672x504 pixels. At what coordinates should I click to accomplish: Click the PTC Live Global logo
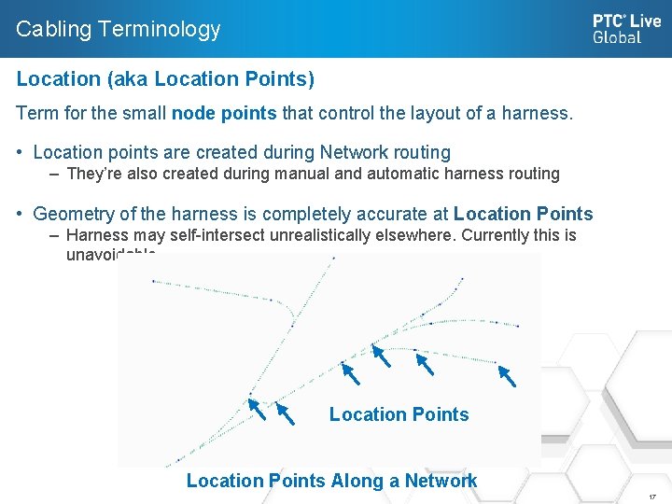pyautogui.click(x=626, y=28)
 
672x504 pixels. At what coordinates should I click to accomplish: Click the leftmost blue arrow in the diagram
pyautogui.click(x=257, y=410)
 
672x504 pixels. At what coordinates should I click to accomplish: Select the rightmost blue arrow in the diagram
pyautogui.click(x=507, y=375)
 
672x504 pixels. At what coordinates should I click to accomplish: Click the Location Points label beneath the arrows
pyautogui.click(x=399, y=414)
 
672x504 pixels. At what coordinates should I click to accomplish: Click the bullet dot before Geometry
pyautogui.click(x=21, y=214)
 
